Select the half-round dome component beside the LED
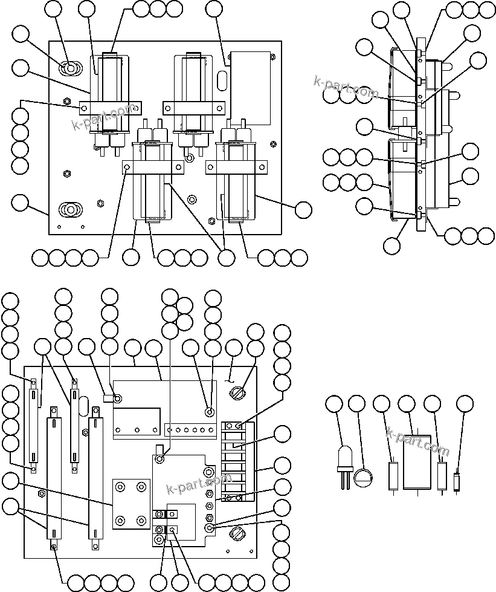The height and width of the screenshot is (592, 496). click(x=362, y=478)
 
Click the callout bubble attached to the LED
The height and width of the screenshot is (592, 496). click(x=333, y=404)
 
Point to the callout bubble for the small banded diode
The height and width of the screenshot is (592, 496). click(x=465, y=404)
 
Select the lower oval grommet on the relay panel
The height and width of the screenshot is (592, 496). click(x=69, y=210)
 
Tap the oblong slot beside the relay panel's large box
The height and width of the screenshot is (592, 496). click(x=222, y=79)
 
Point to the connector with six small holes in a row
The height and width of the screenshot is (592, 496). click(x=191, y=430)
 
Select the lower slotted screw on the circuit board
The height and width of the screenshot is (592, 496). click(x=236, y=534)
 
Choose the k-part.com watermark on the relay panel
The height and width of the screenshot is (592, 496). click(x=103, y=117)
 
